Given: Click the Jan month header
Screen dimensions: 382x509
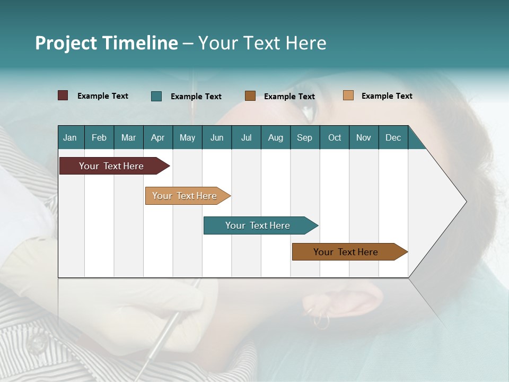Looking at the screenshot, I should pyautogui.click(x=70, y=137).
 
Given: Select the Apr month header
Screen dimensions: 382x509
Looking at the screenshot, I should pyautogui.click(x=158, y=137).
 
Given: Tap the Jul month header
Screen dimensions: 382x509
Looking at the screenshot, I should pyautogui.click(x=246, y=137).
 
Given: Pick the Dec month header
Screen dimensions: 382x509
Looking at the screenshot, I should pyautogui.click(x=393, y=137).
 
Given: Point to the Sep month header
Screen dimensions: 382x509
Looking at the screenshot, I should pyautogui.click(x=304, y=137).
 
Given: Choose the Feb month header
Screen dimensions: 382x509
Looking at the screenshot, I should pyautogui.click(x=99, y=137).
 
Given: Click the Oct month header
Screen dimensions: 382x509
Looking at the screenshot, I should pyautogui.click(x=335, y=137).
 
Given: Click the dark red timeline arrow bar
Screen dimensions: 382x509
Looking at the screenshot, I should pyautogui.click(x=112, y=166).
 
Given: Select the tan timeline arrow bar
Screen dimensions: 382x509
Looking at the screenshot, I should pyautogui.click(x=185, y=196).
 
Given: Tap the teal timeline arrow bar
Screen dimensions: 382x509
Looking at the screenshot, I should pyautogui.click(x=258, y=225).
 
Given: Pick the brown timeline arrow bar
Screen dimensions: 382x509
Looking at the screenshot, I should pyautogui.click(x=346, y=252).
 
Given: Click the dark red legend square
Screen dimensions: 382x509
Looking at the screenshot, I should pyautogui.click(x=63, y=95).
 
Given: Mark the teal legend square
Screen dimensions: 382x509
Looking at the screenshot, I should pyautogui.click(x=156, y=96).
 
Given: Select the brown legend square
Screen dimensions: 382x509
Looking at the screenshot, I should pyautogui.click(x=250, y=96).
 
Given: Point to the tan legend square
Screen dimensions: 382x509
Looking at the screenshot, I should pyautogui.click(x=348, y=95).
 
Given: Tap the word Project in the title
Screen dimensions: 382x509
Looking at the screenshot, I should pyautogui.click(x=66, y=43).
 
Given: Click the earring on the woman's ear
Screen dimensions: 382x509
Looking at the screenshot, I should pyautogui.click(x=321, y=319).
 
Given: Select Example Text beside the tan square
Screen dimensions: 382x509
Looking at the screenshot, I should pyautogui.click(x=387, y=96).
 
